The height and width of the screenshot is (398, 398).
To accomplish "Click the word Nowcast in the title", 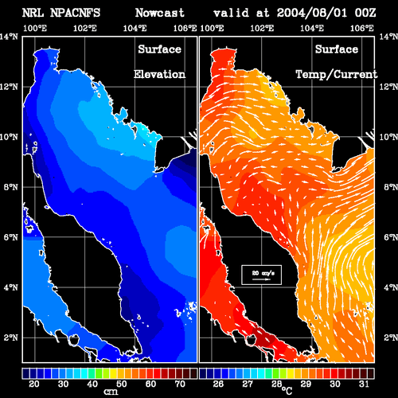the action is tap(160, 13).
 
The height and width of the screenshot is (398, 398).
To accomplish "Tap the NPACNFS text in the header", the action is tap(75, 13).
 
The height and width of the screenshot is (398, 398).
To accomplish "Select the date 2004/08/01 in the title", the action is tap(312, 13).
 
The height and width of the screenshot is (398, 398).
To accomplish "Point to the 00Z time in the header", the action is tap(365, 13).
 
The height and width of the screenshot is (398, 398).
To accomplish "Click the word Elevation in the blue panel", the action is tap(159, 74).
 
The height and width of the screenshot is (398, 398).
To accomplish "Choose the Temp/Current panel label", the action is tap(337, 75).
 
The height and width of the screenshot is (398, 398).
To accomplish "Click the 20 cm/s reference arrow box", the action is tap(261, 275).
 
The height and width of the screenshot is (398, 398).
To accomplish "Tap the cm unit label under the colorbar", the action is tap(111, 392).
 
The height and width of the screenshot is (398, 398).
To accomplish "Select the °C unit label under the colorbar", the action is tap(287, 391).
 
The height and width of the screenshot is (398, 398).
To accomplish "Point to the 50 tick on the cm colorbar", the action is tap(121, 384).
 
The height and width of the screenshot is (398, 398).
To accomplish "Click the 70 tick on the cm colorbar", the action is tap(180, 384).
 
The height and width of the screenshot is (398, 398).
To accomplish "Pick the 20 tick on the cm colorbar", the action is tap(33, 384).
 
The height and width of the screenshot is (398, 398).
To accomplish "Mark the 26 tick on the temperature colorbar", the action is tap(218, 384).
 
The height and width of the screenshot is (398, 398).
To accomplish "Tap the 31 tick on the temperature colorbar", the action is tap(364, 384).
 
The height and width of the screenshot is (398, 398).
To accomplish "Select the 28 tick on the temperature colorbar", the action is tap(276, 384).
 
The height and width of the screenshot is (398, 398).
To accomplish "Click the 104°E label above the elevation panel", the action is tap(135, 28).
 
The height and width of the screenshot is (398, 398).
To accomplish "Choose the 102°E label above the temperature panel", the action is tap(262, 28).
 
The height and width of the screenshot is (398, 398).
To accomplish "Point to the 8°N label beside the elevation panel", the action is tap(10, 187).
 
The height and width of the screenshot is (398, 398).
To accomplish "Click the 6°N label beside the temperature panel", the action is tap(391, 237).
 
